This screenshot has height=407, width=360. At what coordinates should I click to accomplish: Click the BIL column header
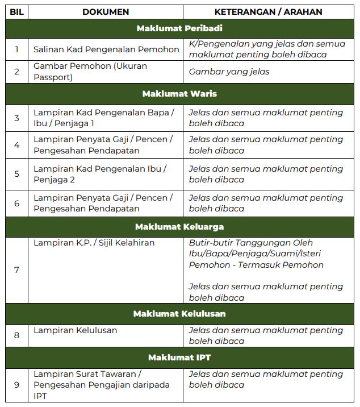pyautogui.click(x=16, y=11)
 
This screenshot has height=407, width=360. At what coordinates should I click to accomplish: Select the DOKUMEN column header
pyautogui.click(x=106, y=11)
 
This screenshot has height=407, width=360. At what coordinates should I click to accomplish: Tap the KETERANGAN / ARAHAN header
pyautogui.click(x=269, y=11)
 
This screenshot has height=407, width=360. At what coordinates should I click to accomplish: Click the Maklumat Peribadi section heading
pyautogui.click(x=179, y=28)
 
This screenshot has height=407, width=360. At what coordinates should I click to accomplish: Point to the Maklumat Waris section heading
pyautogui.click(x=179, y=93)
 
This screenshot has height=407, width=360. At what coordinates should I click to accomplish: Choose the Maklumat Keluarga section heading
pyautogui.click(x=179, y=227)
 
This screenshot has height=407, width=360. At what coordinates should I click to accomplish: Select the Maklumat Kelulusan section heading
pyautogui.click(x=179, y=314)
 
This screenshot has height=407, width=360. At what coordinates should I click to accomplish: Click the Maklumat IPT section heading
pyautogui.click(x=179, y=358)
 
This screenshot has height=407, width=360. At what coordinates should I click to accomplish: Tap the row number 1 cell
pyautogui.click(x=16, y=49)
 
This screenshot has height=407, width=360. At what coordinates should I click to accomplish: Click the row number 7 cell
pyautogui.click(x=16, y=270)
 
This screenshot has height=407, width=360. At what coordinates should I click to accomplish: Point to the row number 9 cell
pyautogui.click(x=16, y=385)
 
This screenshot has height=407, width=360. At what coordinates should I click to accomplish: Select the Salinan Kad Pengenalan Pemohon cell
pyautogui.click(x=106, y=49)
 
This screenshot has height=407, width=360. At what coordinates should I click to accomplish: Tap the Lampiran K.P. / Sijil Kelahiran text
pyautogui.click(x=94, y=243)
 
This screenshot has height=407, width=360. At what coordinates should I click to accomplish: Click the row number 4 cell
pyautogui.click(x=16, y=145)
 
